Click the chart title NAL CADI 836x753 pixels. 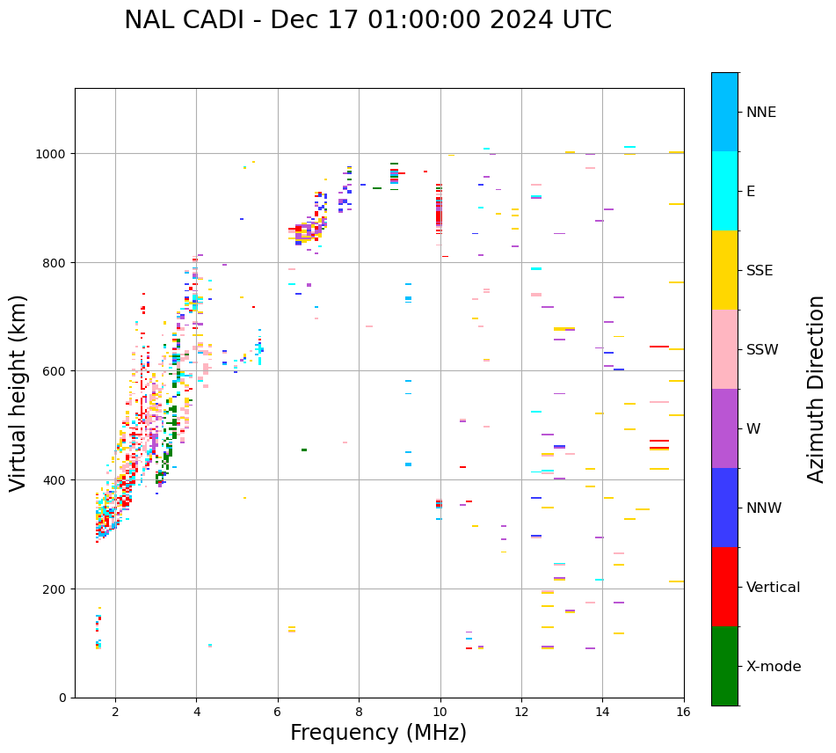tap(367, 20)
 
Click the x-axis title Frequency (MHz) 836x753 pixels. tap(378, 733)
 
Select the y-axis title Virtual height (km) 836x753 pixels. tap(18, 393)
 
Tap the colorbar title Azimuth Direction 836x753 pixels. tap(816, 389)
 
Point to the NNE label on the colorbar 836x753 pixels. tap(761, 113)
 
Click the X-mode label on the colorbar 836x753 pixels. tap(774, 667)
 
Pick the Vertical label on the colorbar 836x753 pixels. tap(774, 588)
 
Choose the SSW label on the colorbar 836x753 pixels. tap(762, 350)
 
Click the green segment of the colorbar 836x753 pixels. tap(724, 666)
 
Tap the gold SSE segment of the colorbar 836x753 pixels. tap(724, 270)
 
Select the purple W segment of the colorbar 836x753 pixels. tap(724, 428)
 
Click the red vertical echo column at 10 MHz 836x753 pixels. tap(439, 211)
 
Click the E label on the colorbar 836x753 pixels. tap(751, 192)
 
